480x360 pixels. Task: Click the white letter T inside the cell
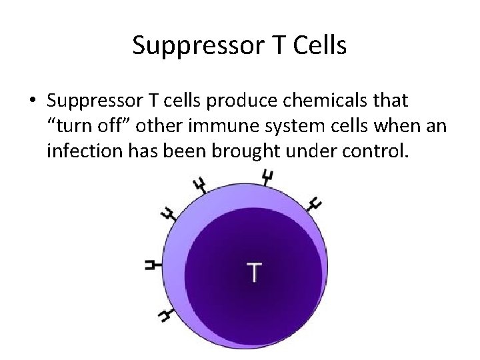254,272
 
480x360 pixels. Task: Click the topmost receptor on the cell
267,177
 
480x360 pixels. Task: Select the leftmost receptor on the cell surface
153,265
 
